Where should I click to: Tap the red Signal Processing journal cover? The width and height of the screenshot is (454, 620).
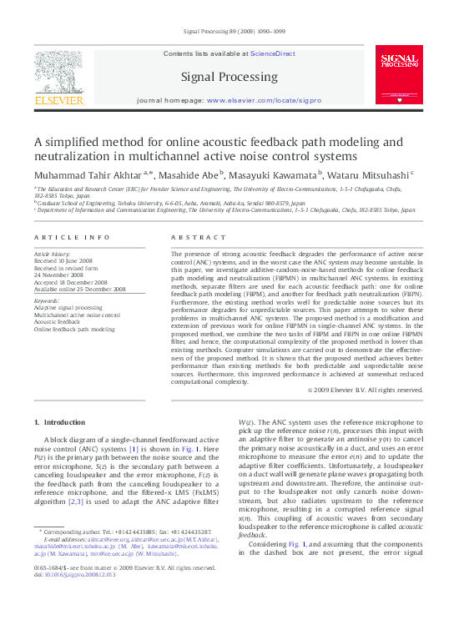(x=399, y=74)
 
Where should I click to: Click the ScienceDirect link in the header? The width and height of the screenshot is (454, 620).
(x=274, y=53)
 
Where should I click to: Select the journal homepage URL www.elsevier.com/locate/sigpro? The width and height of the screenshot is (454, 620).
(x=264, y=100)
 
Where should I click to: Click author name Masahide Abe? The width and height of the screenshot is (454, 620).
(x=192, y=175)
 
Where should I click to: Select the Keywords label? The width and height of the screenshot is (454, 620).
(x=47, y=300)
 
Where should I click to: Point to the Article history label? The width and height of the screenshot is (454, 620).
(x=52, y=252)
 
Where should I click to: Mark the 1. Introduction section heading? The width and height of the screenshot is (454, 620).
(x=63, y=422)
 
